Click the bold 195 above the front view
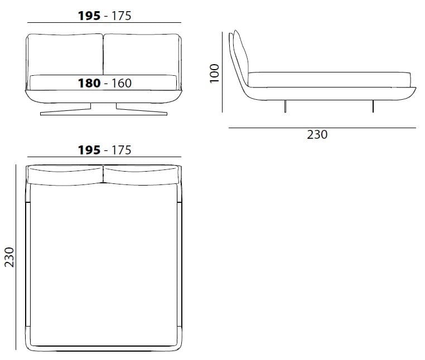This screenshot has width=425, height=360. pos(89,16)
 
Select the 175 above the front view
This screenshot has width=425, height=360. pos(121,16)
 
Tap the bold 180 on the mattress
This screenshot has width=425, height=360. pos(89,83)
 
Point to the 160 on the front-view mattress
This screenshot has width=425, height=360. pos(122,83)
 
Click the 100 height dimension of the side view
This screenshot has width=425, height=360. pos(214,74)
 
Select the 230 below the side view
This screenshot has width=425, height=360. pos(317,135)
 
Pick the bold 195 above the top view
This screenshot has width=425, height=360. pos(89,150)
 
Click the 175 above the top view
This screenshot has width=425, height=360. pos(121,150)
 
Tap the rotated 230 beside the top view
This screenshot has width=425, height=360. pos(9,257)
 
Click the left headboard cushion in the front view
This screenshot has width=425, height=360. pos(65,54)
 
